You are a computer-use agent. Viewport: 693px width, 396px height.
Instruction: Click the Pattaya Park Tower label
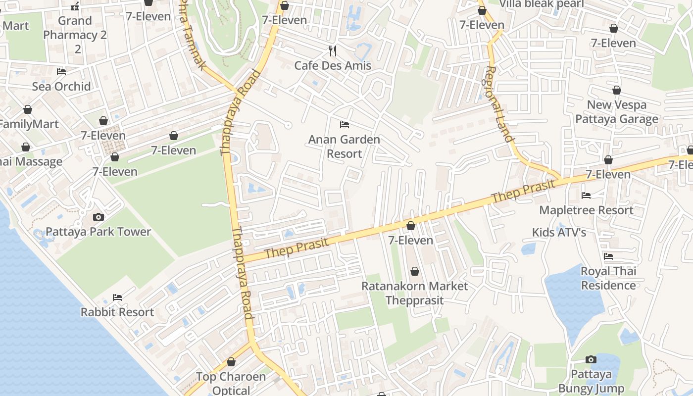click(98, 232)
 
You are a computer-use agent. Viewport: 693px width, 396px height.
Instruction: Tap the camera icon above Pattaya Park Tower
click(98, 217)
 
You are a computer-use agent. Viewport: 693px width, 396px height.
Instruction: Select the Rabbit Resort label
click(117, 312)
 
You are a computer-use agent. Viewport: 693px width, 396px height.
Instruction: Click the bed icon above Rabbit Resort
click(117, 297)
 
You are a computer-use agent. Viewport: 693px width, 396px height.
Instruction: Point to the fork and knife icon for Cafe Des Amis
click(333, 50)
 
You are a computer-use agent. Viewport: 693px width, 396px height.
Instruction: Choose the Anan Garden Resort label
click(344, 147)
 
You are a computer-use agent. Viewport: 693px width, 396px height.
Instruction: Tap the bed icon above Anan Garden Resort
click(345, 124)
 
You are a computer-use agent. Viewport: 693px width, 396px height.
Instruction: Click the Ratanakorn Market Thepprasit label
click(414, 293)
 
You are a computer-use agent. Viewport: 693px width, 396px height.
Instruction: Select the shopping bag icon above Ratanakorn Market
click(415, 271)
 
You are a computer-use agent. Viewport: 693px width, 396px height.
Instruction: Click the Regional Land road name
click(499, 104)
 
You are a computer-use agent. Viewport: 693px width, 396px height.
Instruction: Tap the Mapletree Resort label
click(586, 210)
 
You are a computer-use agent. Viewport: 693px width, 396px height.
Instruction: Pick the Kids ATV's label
click(559, 232)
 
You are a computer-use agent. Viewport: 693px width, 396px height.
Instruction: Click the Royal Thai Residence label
click(608, 278)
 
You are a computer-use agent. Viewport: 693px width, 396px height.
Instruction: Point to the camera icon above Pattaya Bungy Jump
click(591, 359)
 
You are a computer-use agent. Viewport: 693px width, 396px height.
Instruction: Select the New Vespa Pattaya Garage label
click(617, 112)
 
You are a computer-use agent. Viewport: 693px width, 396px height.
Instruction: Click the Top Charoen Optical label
click(231, 383)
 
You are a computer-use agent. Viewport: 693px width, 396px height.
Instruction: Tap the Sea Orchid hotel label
click(61, 86)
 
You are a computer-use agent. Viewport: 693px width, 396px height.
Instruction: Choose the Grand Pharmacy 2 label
click(75, 35)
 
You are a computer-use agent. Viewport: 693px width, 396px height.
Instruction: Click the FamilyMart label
click(29, 124)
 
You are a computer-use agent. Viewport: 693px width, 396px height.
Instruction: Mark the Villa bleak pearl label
click(542, 4)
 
